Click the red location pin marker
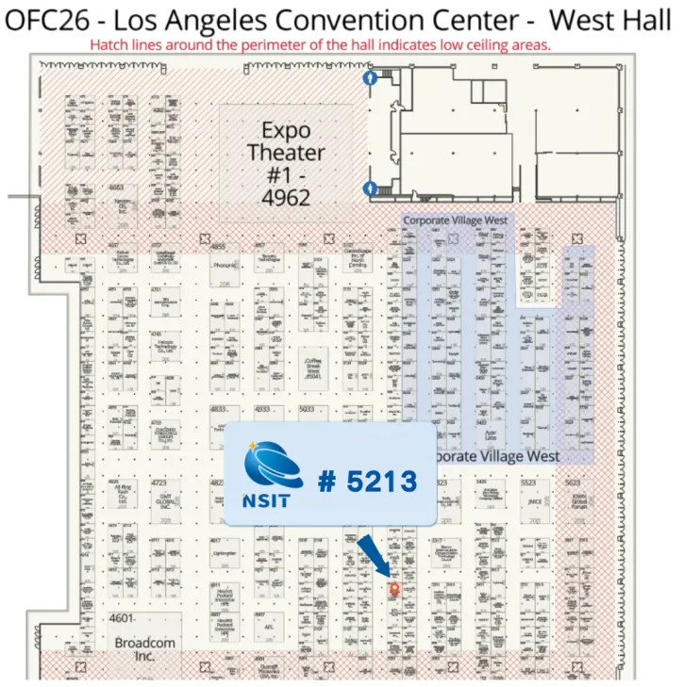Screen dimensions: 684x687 click(394, 588)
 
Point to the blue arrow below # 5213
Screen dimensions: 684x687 click(373, 556)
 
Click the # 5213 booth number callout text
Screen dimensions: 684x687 click(367, 482)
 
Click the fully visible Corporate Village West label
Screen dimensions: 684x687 click(456, 220)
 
